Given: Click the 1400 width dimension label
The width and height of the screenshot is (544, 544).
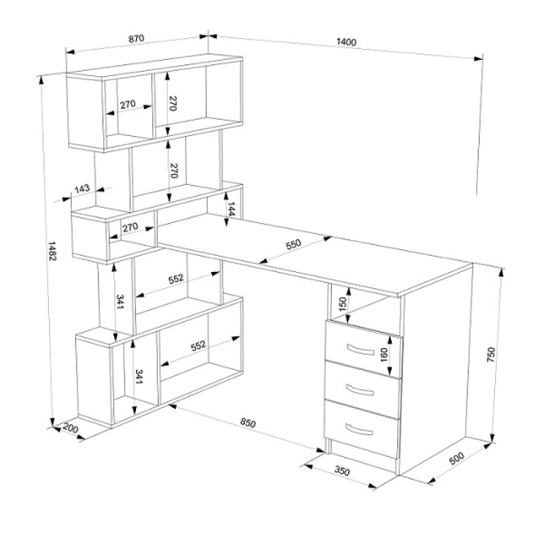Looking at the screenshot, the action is (346, 42).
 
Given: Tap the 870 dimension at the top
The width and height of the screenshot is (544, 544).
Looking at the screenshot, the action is (137, 38).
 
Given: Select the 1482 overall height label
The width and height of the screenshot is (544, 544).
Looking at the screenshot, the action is (52, 251).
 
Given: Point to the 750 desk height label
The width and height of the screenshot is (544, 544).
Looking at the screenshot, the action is (491, 354).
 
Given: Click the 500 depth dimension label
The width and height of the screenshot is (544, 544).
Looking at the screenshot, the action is (456, 458).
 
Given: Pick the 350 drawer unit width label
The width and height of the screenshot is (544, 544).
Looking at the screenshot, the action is (342, 471).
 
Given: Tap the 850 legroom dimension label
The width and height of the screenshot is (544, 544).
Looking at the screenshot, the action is (248, 422).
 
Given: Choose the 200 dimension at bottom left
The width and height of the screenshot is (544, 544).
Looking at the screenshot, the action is (71, 428).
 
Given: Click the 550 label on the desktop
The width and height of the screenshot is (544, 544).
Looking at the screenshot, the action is (294, 244).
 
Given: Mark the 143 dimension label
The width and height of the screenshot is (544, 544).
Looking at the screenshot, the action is (82, 189).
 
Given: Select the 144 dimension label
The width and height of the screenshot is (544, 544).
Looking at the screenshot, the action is (231, 209).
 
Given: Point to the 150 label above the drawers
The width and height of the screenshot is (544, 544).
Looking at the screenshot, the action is (343, 304).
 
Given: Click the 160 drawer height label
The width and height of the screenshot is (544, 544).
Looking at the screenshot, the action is (384, 354).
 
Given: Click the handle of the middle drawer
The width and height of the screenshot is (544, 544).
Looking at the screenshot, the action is (360, 390).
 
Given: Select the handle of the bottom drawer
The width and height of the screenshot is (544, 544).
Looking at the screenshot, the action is (359, 430).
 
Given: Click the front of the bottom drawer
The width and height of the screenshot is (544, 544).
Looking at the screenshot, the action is (361, 429).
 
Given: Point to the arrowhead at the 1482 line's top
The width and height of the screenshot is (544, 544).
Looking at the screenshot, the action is (41, 80).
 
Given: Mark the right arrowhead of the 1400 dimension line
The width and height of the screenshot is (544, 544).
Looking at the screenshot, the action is (479, 58).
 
